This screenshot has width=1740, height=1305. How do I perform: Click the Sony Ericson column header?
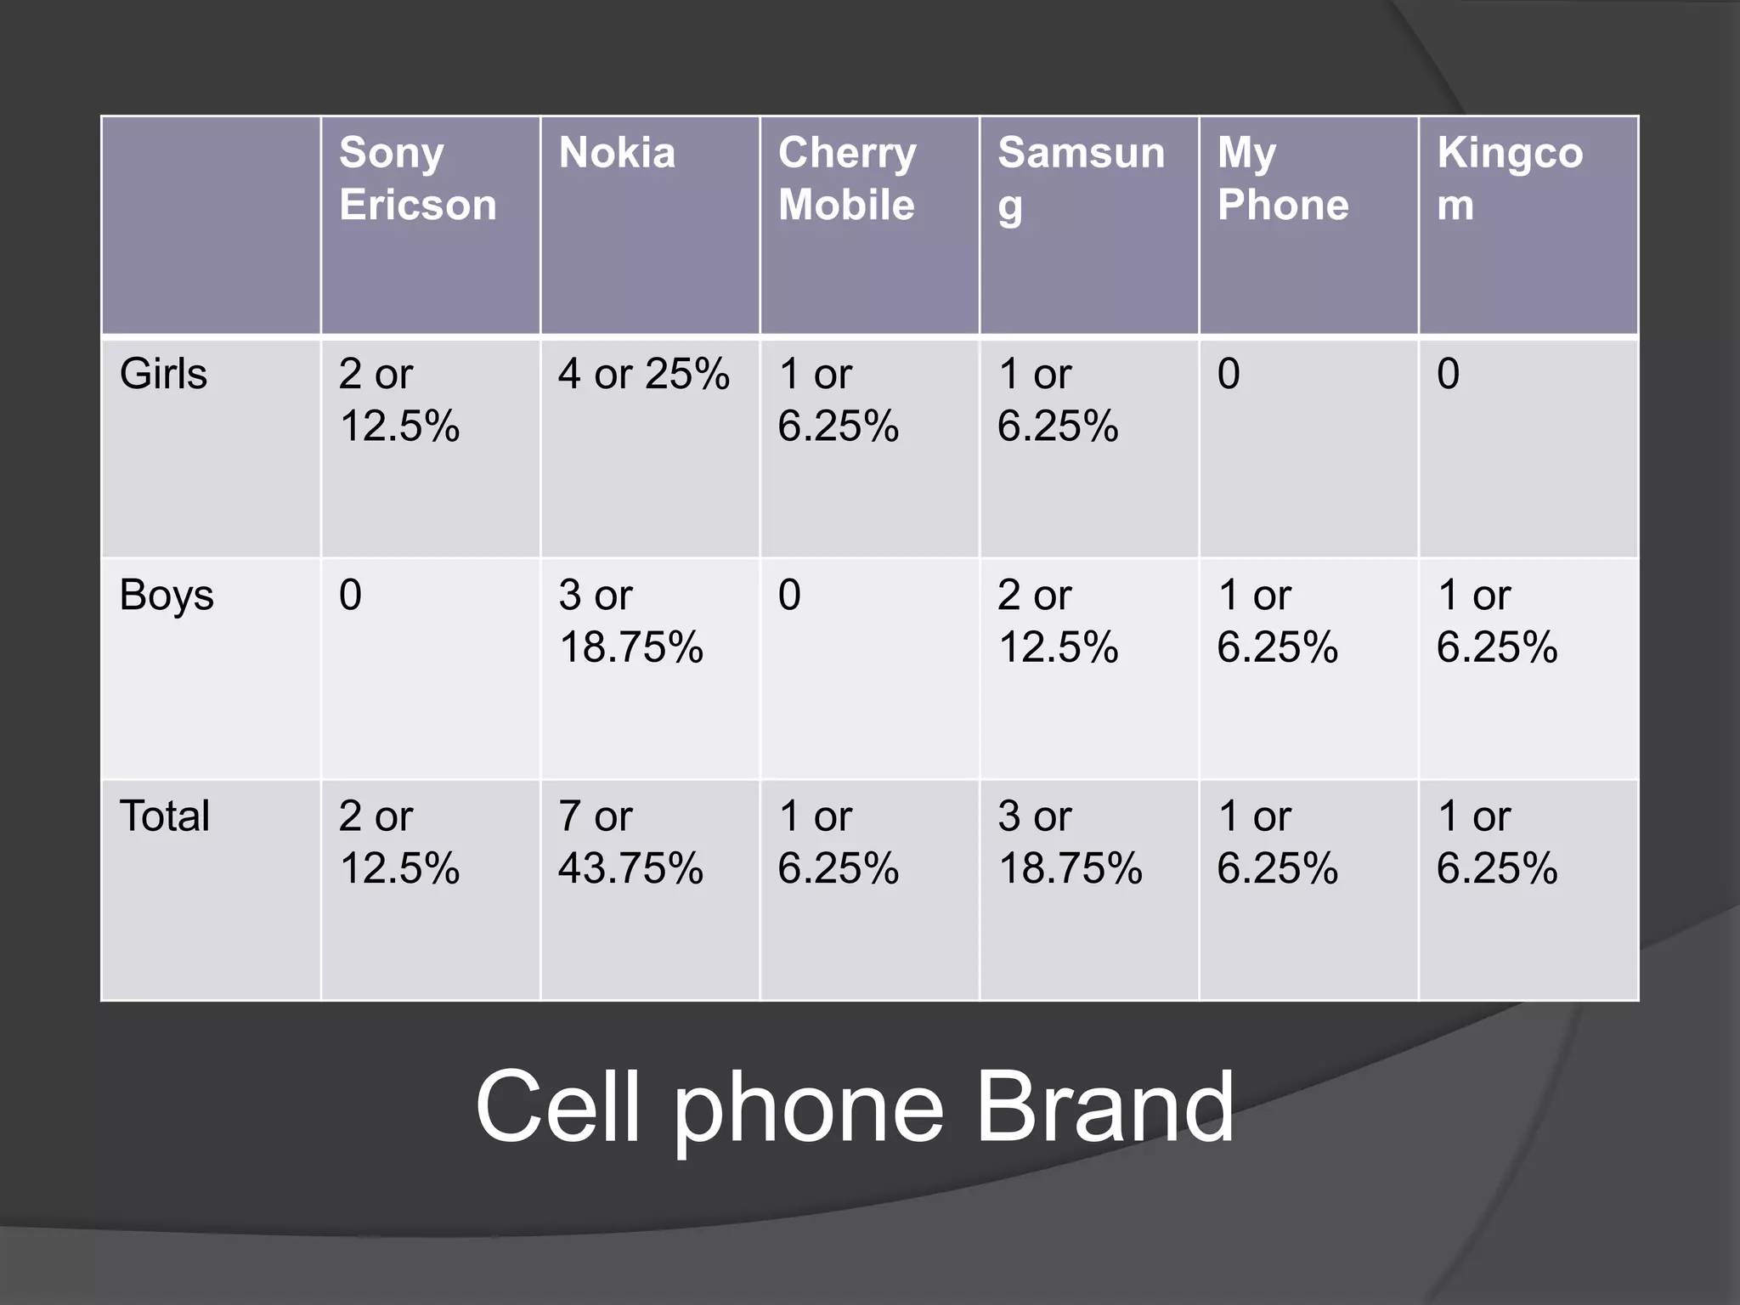tap(417, 179)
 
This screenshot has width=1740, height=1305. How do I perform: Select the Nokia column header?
tap(617, 154)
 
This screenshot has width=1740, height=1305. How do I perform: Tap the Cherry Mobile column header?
tap(847, 179)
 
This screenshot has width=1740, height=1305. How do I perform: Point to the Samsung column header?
tap(1081, 179)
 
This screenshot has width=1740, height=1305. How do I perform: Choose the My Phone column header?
tap(1282, 179)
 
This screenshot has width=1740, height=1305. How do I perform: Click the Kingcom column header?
tap(1510, 179)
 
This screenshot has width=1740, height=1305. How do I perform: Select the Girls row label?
tap(163, 374)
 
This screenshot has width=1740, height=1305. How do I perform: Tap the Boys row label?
tap(167, 596)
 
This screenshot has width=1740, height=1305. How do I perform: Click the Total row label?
tap(165, 816)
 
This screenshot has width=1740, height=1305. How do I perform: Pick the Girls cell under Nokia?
tap(643, 374)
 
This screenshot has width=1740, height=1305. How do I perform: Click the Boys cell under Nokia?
tap(630, 621)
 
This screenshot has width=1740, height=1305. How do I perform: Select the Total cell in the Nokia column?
tap(630, 842)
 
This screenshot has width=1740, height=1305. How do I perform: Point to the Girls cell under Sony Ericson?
tap(399, 399)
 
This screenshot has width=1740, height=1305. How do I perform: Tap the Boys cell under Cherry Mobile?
tap(789, 595)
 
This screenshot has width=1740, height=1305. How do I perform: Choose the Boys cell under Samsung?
tap(1058, 621)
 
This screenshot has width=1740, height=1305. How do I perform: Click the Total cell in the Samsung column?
tap(1070, 842)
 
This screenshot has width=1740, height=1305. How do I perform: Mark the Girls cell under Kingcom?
tap(1449, 374)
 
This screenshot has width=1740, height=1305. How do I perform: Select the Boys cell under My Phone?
tap(1277, 621)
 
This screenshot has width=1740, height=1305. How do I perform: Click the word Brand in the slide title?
tap(1104, 1107)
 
